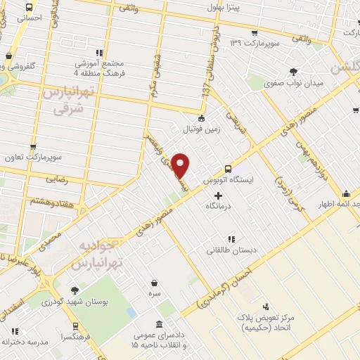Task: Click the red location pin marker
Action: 181,165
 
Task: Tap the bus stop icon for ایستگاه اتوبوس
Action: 227,169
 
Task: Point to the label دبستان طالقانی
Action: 231,250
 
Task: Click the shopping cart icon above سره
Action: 153,283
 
